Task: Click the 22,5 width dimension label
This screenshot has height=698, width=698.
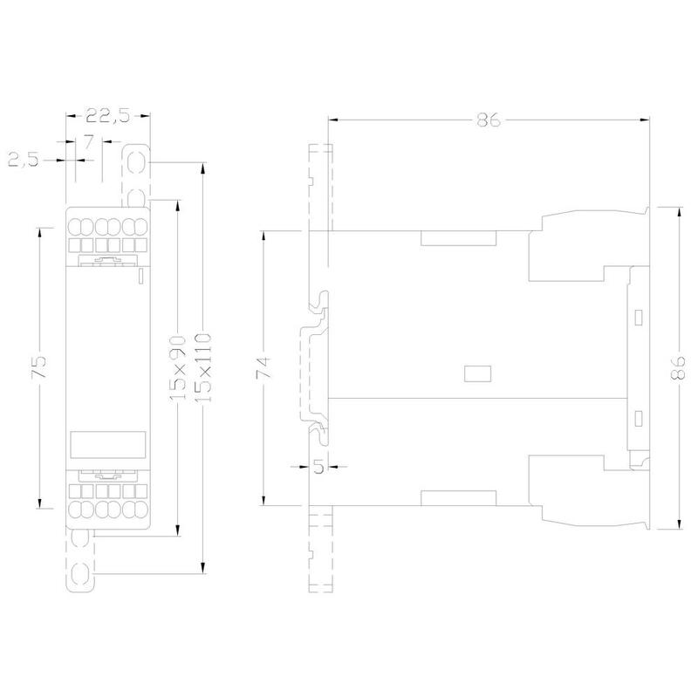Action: tap(107, 115)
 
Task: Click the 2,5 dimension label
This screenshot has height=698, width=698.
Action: tap(24, 160)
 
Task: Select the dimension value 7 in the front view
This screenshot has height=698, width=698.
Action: tap(89, 143)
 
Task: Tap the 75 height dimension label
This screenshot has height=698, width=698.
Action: tap(38, 366)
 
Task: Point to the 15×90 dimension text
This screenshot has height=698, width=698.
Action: tap(178, 367)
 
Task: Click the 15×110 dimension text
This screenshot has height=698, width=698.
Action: tap(203, 367)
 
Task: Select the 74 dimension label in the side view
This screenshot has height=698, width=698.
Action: tap(263, 367)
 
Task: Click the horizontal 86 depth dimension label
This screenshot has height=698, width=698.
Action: tap(489, 120)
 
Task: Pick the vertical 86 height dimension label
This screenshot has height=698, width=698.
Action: tap(678, 367)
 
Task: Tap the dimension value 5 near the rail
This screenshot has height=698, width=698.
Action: tap(318, 467)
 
